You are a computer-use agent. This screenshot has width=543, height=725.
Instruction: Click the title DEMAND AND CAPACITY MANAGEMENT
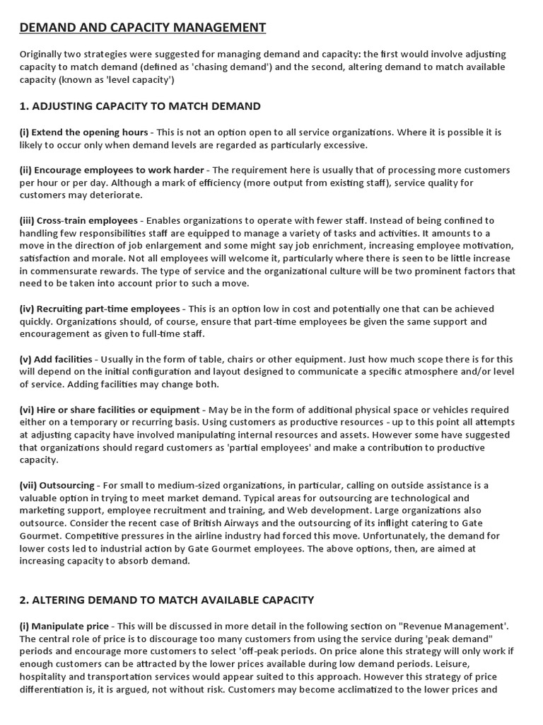(x=142, y=28)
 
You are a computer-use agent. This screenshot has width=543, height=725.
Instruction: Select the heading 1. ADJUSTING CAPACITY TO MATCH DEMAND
(x=140, y=106)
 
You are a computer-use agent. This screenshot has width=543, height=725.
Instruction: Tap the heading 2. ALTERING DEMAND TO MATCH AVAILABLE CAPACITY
(x=166, y=600)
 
